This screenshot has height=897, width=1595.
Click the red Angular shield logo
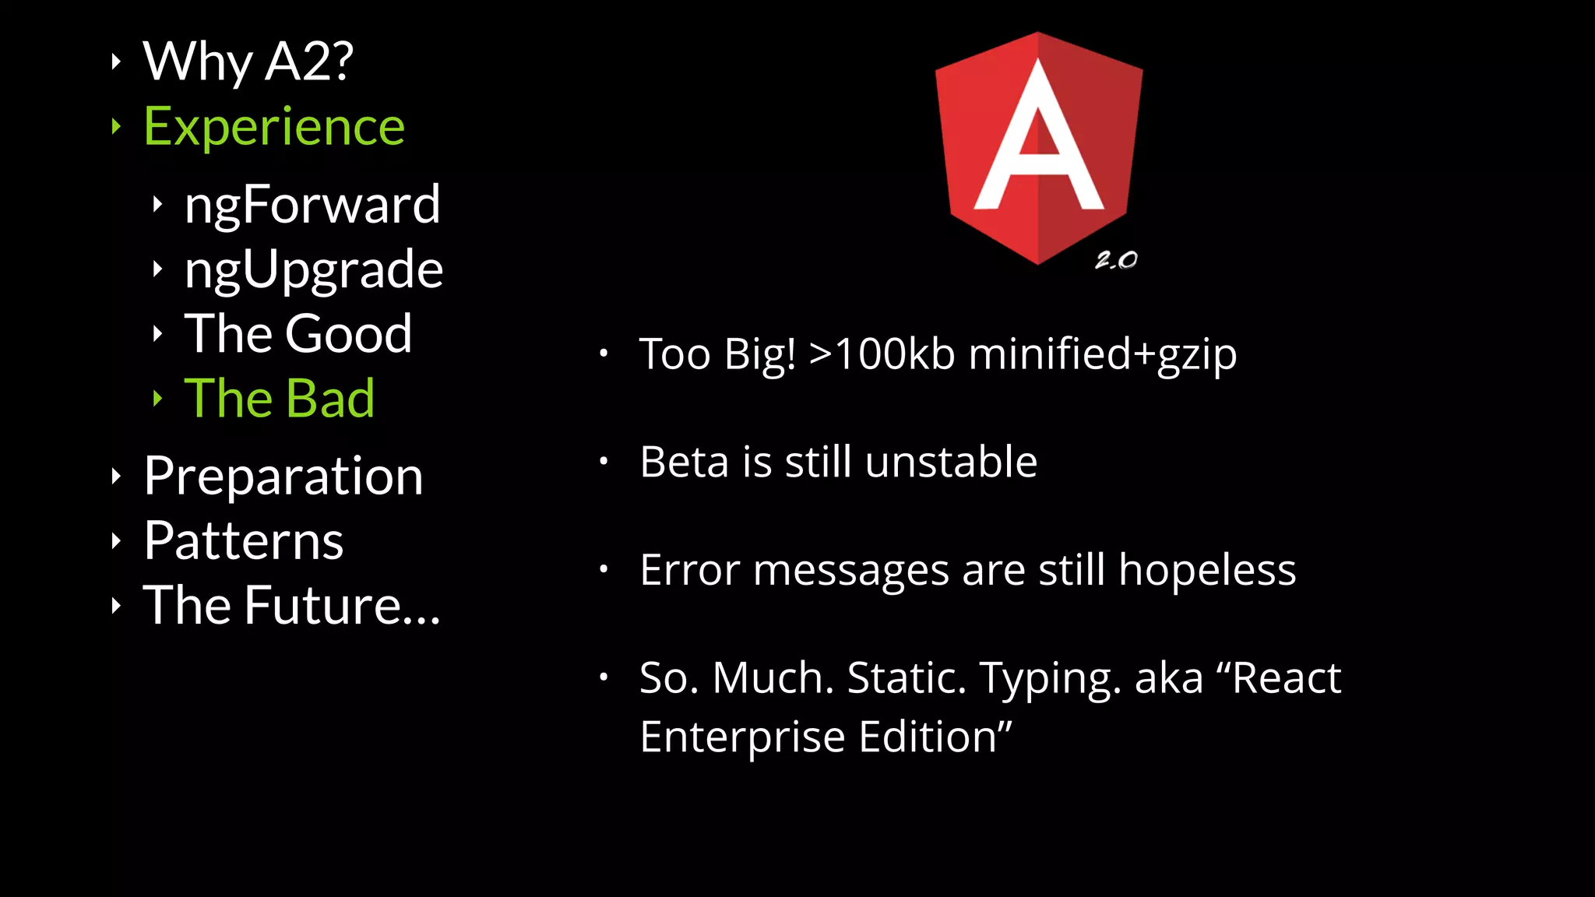click(1038, 148)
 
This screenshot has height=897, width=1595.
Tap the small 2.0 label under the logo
click(1116, 260)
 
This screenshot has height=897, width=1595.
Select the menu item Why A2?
click(248, 61)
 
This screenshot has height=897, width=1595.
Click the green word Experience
click(274, 126)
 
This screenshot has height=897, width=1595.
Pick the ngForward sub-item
click(312, 204)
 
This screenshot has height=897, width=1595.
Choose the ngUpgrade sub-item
click(313, 269)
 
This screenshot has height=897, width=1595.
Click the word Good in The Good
click(348, 333)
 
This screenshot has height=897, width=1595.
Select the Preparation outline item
click(283, 476)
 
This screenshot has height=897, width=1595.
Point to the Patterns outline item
click(243, 540)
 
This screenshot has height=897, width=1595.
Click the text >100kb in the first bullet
click(882, 354)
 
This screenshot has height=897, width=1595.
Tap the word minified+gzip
click(1102, 354)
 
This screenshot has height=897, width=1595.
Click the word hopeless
click(1207, 570)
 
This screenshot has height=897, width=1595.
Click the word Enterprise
click(742, 737)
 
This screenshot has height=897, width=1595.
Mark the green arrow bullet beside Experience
click(116, 126)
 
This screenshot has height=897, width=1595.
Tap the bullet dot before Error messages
click(604, 569)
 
